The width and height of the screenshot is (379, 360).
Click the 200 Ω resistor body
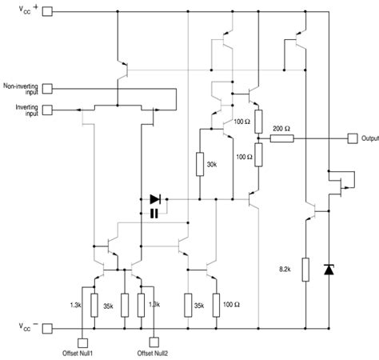point(281,138)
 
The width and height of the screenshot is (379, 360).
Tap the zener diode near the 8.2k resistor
point(329,270)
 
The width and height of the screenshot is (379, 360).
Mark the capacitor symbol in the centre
point(154,213)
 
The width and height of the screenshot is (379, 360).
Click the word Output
point(369,138)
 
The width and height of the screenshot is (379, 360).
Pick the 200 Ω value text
point(281,128)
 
